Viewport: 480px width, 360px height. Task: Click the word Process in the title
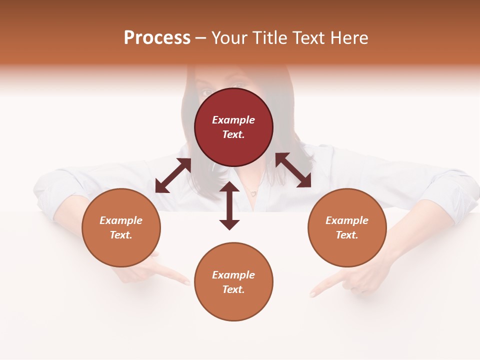tap(157, 38)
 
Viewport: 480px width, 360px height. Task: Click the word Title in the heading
tap(269, 38)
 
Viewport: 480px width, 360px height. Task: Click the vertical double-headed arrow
tap(229, 205)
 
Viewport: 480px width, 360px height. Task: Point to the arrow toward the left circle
tap(173, 175)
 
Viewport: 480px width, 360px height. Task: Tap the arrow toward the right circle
tap(293, 170)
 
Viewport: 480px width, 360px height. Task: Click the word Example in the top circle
tap(233, 120)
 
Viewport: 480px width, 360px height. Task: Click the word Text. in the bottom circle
tap(233, 289)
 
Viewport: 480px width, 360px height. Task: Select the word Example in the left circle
tap(121, 220)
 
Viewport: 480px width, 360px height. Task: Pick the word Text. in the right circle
tap(347, 235)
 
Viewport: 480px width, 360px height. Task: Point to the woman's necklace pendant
tap(253, 192)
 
